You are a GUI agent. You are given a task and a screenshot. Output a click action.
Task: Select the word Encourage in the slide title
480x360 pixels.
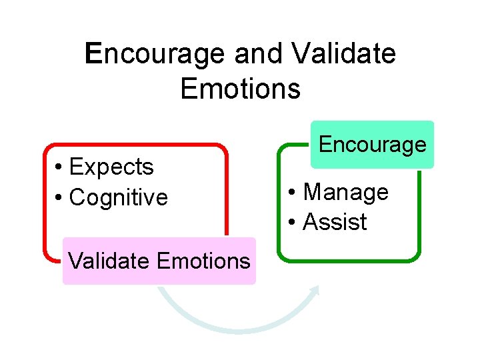(157, 54)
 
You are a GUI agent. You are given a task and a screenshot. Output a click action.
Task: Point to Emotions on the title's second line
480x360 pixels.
(240, 89)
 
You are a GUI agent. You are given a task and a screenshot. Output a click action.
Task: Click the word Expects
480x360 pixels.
(111, 167)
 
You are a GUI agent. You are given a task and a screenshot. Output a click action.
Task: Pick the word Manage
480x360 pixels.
(346, 192)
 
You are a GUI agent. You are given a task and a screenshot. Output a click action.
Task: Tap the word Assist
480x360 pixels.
(335, 223)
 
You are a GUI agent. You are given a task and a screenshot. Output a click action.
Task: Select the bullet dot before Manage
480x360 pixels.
(293, 193)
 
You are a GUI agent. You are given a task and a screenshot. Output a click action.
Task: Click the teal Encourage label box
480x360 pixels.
(372, 144)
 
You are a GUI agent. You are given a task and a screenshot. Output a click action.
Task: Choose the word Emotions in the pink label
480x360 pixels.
(204, 261)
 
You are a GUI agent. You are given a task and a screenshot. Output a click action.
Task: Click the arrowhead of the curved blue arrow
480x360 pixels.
(316, 289)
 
